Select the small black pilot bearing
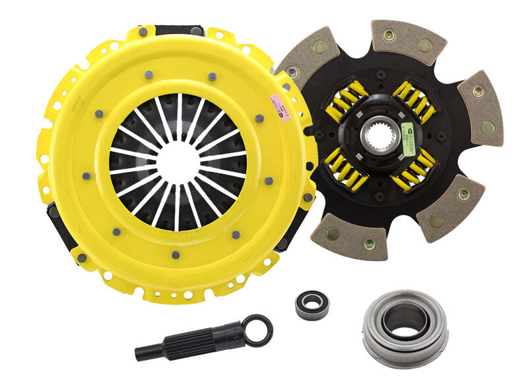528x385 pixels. coord(312,306)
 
